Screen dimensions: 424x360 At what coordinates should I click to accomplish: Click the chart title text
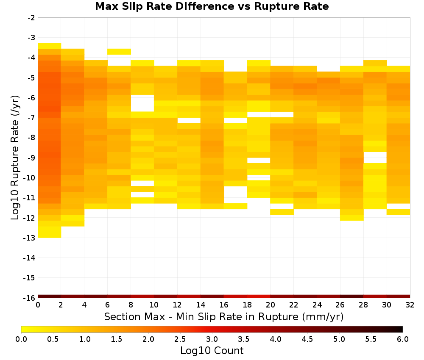click(212, 6)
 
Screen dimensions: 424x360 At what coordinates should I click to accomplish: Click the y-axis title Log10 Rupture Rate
click(15, 158)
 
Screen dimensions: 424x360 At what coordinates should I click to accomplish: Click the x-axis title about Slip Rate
click(224, 316)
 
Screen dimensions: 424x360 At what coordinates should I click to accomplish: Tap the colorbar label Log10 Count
click(212, 351)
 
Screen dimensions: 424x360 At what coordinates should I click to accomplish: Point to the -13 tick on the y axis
click(31, 238)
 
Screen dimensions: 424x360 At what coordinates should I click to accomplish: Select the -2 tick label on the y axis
click(31, 18)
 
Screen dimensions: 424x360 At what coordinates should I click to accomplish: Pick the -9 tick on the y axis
click(31, 158)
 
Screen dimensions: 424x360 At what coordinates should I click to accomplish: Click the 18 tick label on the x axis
click(247, 305)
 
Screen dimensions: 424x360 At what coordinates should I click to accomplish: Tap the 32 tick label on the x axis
click(410, 305)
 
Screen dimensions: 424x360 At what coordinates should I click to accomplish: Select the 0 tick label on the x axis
click(38, 305)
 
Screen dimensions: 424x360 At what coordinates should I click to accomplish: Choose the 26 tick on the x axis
click(340, 305)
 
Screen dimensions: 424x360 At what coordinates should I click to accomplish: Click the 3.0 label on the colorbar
click(212, 339)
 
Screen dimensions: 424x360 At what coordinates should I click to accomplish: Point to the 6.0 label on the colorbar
click(403, 339)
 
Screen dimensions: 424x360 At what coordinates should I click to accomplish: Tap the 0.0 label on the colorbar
click(21, 339)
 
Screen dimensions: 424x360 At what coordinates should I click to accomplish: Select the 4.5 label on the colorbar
click(307, 339)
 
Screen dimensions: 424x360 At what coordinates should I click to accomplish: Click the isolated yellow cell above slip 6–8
click(119, 52)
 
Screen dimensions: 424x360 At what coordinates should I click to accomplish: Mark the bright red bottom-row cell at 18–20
click(259, 296)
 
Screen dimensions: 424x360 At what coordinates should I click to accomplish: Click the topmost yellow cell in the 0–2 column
click(50, 46)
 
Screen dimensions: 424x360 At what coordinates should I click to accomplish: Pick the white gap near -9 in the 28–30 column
click(375, 158)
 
